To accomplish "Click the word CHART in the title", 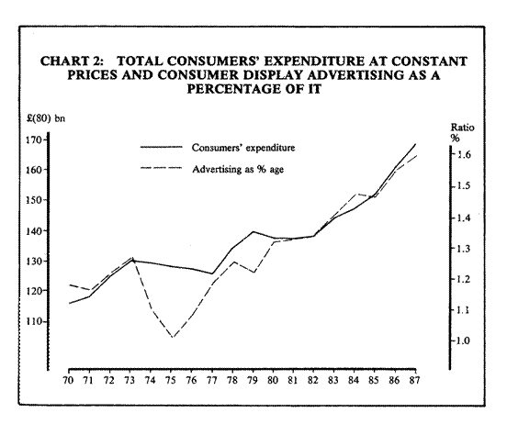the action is (61, 61).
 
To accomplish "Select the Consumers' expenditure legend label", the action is (243, 148).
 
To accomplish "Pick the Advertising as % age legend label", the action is (238, 169).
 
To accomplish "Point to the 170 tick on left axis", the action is (35, 139).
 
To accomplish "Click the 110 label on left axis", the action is (35, 321).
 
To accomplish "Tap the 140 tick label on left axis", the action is (35, 230).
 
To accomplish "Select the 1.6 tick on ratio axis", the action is (463, 155).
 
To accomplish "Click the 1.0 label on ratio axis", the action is (463, 340).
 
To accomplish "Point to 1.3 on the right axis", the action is (463, 249).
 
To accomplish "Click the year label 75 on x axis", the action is (171, 380).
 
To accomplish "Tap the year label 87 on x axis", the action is (414, 380).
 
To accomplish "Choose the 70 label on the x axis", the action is (69, 380).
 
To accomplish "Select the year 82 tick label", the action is (312, 380).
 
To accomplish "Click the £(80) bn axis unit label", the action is (46, 118).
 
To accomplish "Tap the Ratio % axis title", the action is (462, 132).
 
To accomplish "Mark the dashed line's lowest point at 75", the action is (173, 338).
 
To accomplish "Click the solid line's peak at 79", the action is (253, 231).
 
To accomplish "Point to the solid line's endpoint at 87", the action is (415, 144).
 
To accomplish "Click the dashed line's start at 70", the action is (70, 284).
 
